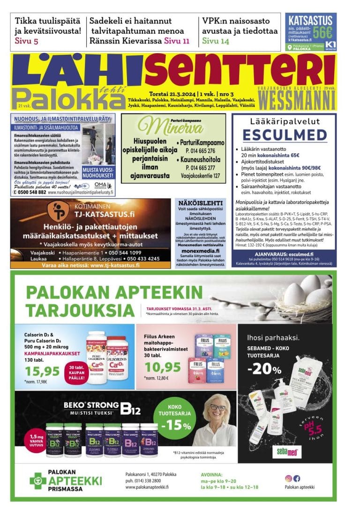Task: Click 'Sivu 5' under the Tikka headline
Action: [27, 41]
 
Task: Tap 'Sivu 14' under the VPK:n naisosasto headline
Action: [216, 41]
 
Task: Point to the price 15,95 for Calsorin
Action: [42, 371]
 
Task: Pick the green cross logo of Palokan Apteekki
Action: [37, 480]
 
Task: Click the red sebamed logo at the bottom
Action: [287, 452]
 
